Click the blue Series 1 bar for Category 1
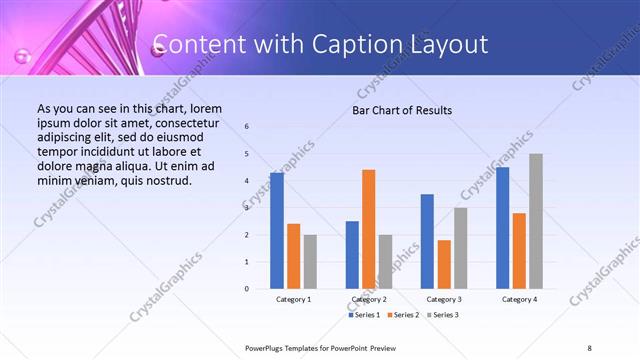[277, 231]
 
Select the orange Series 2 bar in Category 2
[368, 229]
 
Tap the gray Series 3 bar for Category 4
[536, 221]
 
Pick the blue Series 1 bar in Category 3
[427, 241]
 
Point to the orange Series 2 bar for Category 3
[444, 264]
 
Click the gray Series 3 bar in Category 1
[310, 262]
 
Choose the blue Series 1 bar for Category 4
[502, 228]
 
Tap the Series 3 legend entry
[442, 315]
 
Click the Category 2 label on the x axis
[368, 299]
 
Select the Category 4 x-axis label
[519, 299]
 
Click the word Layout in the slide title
[452, 44]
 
